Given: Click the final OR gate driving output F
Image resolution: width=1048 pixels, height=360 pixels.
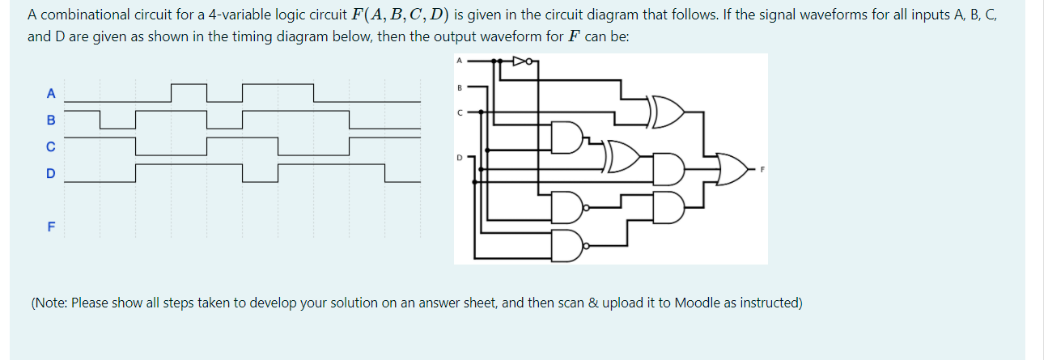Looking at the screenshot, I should coord(732,169).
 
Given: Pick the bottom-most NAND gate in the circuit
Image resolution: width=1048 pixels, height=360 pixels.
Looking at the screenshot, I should coord(567,245).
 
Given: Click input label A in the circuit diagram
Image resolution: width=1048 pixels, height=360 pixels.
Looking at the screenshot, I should coord(460,61).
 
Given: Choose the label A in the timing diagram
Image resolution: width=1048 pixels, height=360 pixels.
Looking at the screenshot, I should coord(50,91).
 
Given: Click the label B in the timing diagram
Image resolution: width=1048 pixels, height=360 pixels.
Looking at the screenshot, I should coord(50,120).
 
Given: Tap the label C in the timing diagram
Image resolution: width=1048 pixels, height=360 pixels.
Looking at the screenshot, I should coord(50,147).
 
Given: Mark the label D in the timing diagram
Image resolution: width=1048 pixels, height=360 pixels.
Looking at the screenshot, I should coord(50,174).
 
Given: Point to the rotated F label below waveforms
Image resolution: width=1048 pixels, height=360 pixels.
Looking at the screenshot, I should coord(50,227).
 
